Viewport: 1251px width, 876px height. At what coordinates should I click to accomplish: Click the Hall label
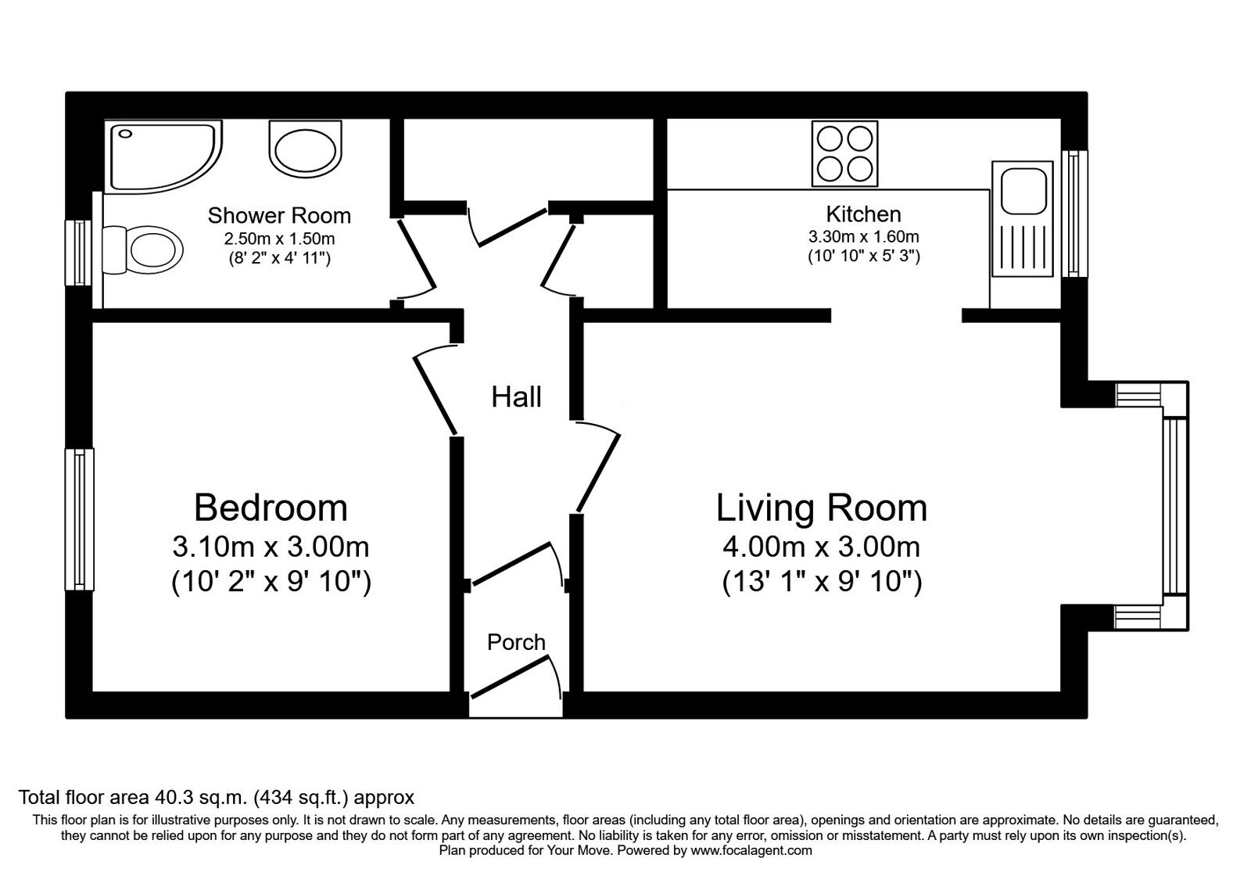tap(516, 397)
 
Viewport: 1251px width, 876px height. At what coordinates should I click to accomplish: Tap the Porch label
tap(516, 642)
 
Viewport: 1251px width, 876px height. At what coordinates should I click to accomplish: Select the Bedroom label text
tap(271, 508)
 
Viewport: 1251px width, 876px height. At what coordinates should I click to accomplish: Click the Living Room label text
tap(822, 508)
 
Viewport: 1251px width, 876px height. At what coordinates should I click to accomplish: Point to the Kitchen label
tap(863, 214)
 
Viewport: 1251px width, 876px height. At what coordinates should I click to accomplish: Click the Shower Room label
tap(279, 215)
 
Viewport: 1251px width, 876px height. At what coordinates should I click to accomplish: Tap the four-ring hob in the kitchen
tap(844, 153)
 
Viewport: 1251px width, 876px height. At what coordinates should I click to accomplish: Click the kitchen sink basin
tap(1023, 192)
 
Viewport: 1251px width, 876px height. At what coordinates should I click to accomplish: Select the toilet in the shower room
tap(142, 250)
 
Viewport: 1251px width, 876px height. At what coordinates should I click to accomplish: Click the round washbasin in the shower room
tap(305, 149)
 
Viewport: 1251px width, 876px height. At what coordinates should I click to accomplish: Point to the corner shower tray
tap(163, 156)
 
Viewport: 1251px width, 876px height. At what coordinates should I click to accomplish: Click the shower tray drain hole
tap(125, 134)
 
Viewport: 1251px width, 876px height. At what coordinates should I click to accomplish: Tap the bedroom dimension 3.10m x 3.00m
tap(271, 547)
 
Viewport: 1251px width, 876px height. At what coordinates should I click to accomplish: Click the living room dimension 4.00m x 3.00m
tap(822, 547)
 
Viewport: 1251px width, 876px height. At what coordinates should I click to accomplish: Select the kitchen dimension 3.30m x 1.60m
tap(863, 237)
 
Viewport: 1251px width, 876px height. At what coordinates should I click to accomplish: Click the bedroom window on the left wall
tap(79, 519)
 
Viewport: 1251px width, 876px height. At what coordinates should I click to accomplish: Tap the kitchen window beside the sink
tap(1074, 214)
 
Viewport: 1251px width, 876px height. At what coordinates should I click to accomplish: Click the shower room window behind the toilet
tap(78, 253)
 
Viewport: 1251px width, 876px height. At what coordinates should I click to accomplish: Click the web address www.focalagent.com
tap(751, 851)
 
